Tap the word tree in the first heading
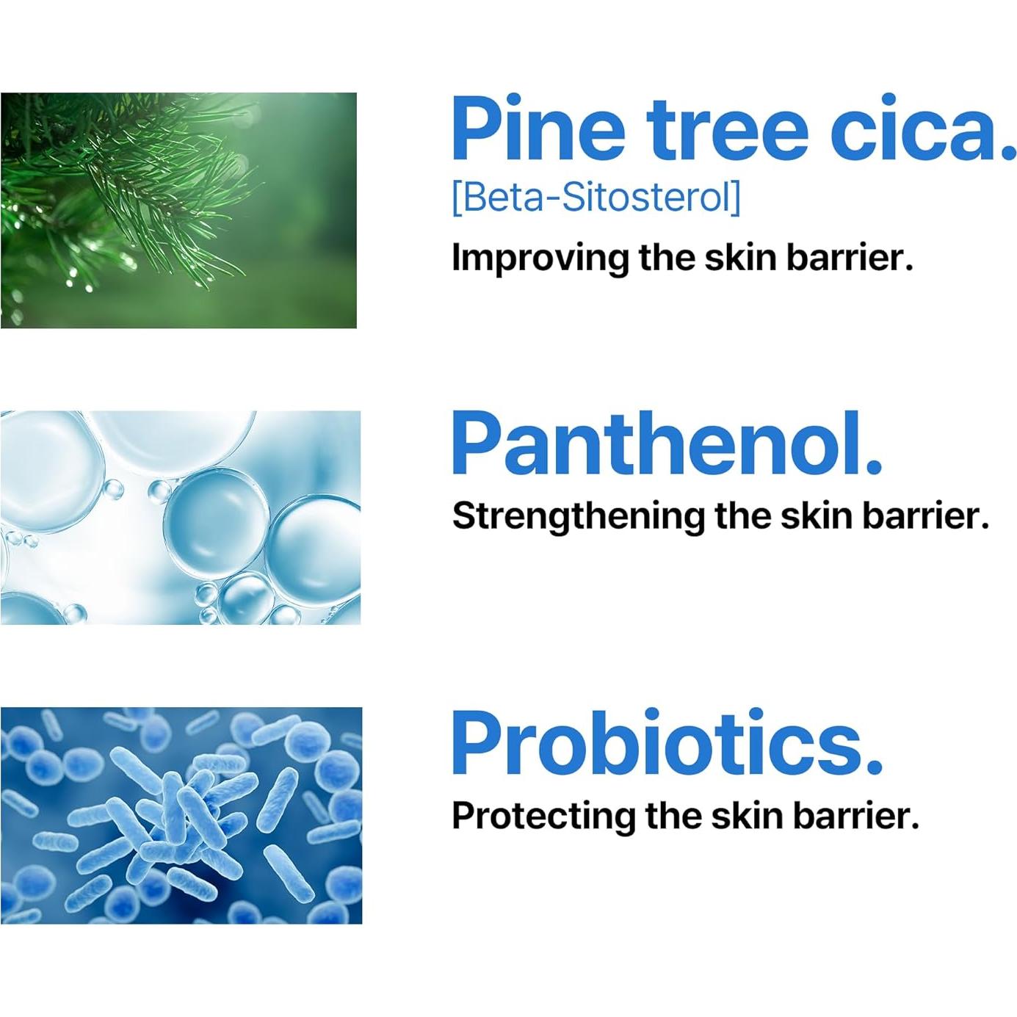728,131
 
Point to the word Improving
540,258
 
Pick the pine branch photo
178,210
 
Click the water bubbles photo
180,518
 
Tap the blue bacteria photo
181,815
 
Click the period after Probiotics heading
873,767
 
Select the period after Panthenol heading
873,467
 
